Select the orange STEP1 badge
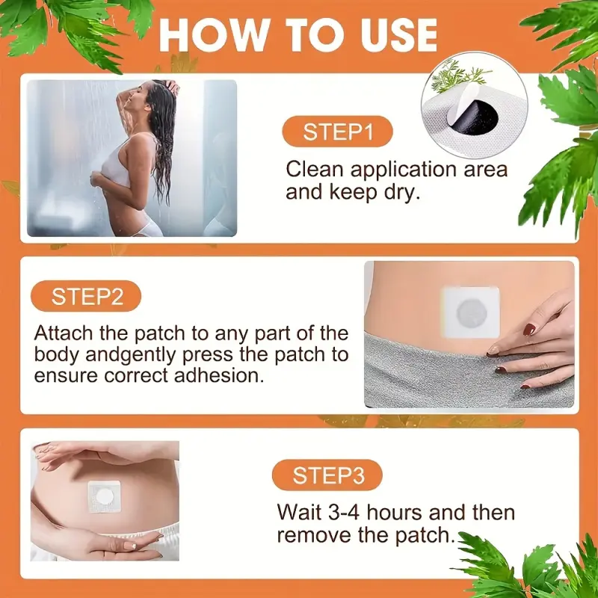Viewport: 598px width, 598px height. tap(337, 132)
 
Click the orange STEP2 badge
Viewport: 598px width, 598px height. tap(86, 296)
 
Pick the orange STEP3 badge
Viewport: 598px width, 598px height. tap(327, 475)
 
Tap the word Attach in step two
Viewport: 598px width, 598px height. tap(64, 333)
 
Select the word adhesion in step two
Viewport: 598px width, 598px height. tap(219, 375)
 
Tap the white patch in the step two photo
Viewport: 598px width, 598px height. tap(470, 312)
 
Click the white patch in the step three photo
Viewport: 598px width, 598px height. tap(105, 496)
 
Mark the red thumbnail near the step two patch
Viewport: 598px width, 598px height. tap(529, 330)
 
